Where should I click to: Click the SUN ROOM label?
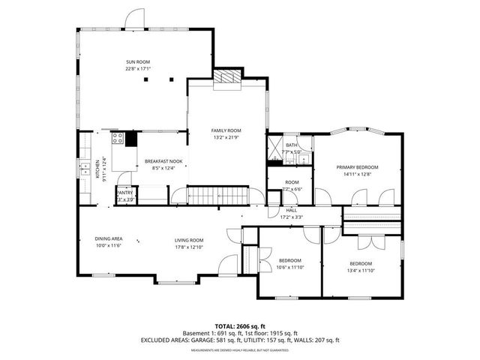138,61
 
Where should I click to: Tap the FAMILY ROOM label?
226,130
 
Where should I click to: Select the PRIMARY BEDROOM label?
357,166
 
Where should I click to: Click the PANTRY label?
124,193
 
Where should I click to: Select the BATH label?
292,145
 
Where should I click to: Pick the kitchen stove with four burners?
118,138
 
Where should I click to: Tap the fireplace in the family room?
226,77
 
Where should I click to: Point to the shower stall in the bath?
275,146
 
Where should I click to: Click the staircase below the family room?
207,196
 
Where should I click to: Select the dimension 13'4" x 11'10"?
361,270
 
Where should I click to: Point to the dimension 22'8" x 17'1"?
138,69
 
